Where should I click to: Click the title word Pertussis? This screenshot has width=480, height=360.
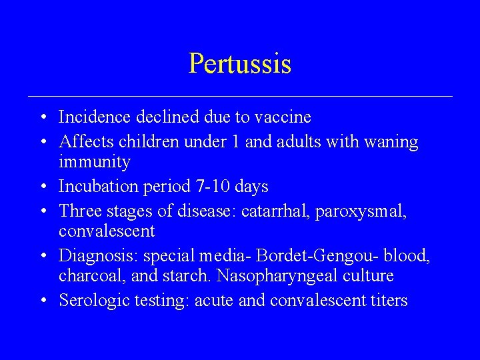tap(240, 64)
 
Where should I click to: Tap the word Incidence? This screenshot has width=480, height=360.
tap(95, 117)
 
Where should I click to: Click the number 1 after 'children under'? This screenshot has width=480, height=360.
tap(236, 141)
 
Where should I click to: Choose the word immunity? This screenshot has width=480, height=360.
tap(95, 162)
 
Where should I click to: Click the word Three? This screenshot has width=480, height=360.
tap(78, 211)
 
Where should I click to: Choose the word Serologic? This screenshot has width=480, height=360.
tap(89, 301)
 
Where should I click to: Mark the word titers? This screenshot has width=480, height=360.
tap(388, 301)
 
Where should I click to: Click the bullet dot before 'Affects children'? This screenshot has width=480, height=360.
tap(42, 141)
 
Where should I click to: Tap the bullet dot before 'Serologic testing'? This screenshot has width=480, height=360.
tap(42, 301)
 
